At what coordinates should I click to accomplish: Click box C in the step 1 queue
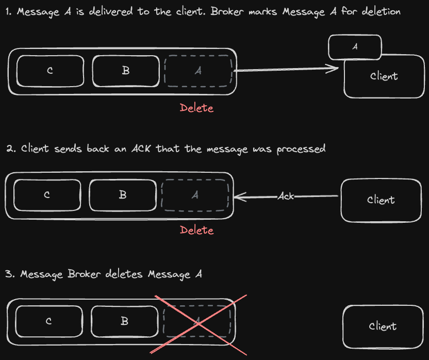(x=50, y=71)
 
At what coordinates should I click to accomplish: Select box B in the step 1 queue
(x=125, y=71)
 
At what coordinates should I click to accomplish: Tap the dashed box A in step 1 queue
(x=199, y=71)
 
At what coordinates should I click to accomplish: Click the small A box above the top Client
(x=355, y=47)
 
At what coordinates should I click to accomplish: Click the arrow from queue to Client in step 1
(x=286, y=70)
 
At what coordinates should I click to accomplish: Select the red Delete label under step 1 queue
(x=196, y=108)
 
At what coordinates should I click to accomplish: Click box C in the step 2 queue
(x=47, y=195)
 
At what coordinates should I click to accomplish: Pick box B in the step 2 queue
(x=123, y=195)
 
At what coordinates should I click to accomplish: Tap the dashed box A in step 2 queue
(x=195, y=195)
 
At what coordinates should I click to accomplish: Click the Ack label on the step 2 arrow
(x=286, y=197)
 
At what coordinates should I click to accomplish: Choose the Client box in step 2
(x=381, y=200)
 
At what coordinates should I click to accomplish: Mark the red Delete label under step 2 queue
(x=196, y=230)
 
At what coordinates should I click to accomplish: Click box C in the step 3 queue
(x=48, y=321)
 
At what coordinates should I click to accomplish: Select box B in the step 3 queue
(x=124, y=321)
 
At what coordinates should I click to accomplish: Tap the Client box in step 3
(x=383, y=326)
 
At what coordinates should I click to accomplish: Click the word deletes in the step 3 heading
(x=124, y=274)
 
